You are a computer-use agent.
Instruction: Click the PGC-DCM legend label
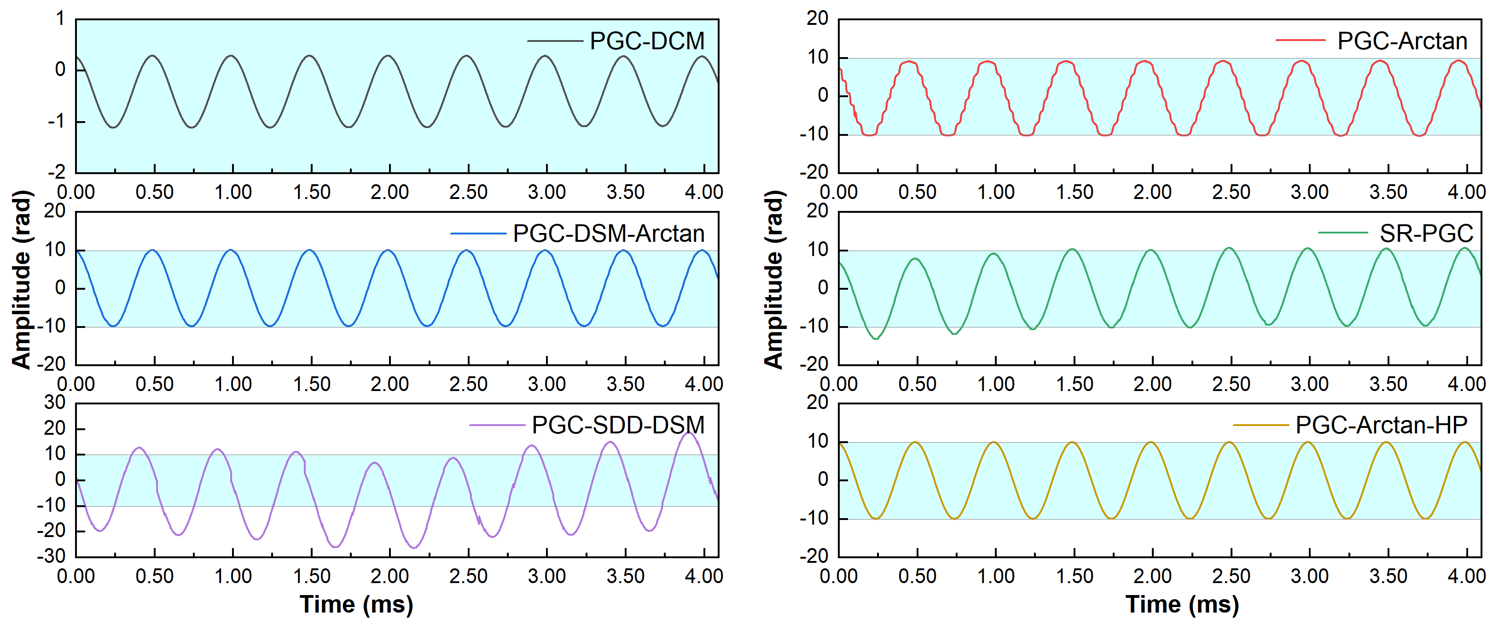[647, 41]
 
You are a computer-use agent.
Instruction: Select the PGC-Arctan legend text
[1402, 41]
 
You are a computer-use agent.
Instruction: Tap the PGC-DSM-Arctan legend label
[609, 234]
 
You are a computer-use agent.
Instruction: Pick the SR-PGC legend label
[1426, 234]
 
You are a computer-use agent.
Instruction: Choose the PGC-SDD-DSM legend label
[618, 426]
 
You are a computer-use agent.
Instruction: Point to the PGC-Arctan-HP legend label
[1381, 426]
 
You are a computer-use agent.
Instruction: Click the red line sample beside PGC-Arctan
[1301, 41]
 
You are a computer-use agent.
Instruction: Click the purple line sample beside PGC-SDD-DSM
[497, 426]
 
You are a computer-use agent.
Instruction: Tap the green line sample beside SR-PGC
[1343, 233]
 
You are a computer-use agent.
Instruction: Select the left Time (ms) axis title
[356, 605]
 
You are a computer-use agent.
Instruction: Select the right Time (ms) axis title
[1182, 605]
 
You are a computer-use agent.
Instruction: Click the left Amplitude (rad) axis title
[22, 280]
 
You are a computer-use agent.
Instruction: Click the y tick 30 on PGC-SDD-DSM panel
[55, 403]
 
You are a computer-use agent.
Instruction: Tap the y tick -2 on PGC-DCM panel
[56, 172]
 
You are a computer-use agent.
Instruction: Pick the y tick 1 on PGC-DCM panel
[60, 19]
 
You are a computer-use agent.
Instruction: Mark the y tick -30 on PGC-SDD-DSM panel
[52, 556]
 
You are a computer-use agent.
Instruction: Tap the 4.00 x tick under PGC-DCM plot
[703, 192]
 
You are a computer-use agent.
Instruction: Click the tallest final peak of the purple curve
[689, 432]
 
